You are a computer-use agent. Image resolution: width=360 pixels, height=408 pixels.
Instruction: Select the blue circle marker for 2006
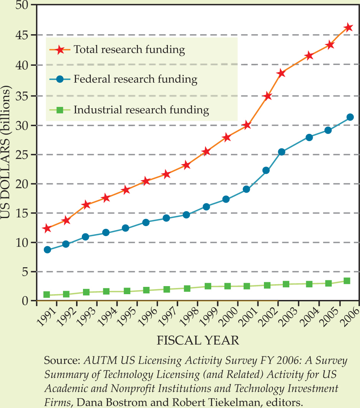[x=350, y=117]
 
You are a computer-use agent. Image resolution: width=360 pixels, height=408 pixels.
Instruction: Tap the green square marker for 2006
[x=347, y=281]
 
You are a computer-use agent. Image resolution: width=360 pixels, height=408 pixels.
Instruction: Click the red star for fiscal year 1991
[x=47, y=228]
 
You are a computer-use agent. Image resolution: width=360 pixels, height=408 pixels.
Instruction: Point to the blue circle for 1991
[x=48, y=250]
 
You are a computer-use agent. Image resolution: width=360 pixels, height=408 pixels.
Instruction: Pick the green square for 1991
[x=47, y=295]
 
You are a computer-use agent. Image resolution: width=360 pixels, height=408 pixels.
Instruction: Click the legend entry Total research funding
[x=129, y=50]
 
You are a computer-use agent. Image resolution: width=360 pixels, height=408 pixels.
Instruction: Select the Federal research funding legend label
[x=135, y=80]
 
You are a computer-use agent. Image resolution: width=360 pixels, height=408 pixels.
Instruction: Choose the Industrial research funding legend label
[x=141, y=110]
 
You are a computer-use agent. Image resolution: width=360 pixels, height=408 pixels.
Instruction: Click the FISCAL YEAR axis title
[x=198, y=341]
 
